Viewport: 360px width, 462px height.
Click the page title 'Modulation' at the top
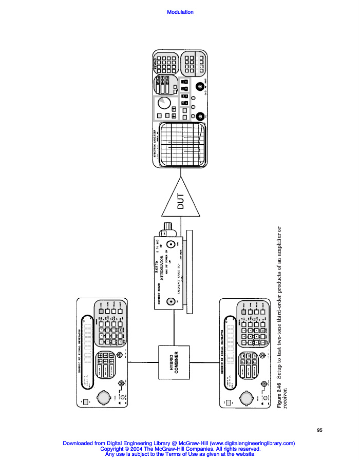[180, 12]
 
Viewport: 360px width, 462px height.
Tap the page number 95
[319, 430]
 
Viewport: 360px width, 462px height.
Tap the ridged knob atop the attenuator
[167, 226]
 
